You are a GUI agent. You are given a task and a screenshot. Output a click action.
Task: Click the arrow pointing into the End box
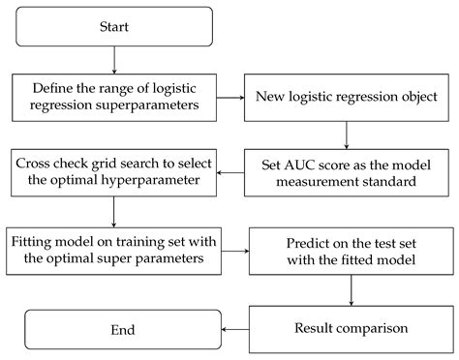[235, 330]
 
